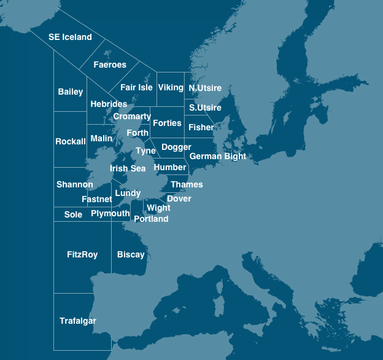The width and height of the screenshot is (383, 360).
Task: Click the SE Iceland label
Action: click(70, 37)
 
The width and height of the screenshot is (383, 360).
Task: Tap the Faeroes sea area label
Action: click(110, 65)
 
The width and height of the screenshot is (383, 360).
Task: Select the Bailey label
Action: click(71, 92)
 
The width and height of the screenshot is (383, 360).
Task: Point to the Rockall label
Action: click(71, 141)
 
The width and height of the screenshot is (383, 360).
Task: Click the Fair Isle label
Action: click(136, 87)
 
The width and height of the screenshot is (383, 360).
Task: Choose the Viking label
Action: click(171, 87)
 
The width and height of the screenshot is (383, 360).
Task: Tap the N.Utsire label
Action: click(205, 88)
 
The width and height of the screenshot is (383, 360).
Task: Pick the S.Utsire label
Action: click(205, 108)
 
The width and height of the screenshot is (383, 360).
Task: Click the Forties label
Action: click(167, 123)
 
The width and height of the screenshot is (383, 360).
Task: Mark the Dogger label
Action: click(176, 147)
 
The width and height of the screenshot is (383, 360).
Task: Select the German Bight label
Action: click(218, 156)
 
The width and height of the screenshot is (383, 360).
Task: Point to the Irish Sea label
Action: click(128, 168)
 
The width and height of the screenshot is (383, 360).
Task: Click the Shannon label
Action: click(75, 184)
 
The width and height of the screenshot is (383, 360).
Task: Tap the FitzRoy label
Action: click(82, 254)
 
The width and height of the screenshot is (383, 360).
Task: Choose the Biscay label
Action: click(131, 254)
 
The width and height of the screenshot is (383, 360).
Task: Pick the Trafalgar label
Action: click(78, 321)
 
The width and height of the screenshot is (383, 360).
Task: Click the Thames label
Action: click(187, 184)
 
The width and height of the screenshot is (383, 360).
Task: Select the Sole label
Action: click(73, 214)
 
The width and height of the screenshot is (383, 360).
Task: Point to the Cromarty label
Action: click(132, 116)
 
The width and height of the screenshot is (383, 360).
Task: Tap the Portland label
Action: click(151, 219)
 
